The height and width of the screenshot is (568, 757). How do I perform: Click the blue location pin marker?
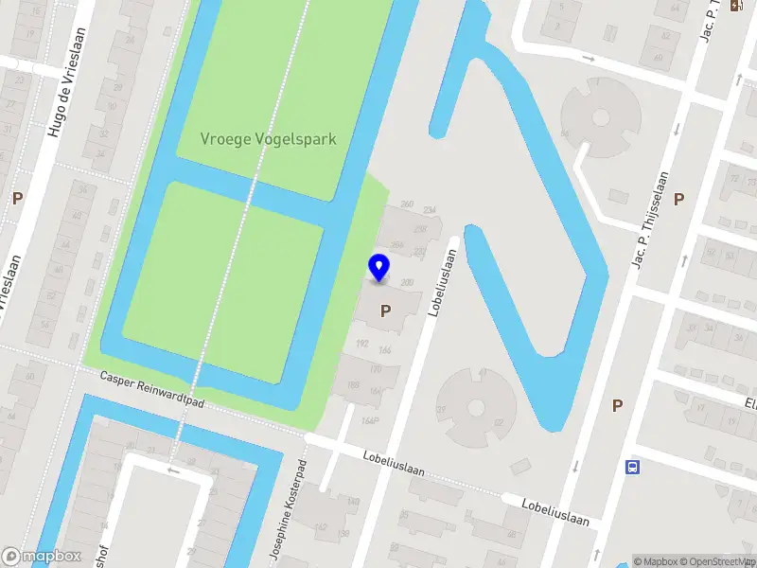378,268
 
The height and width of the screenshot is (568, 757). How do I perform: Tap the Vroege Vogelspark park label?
269,138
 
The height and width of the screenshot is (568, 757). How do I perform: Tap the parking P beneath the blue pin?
385,311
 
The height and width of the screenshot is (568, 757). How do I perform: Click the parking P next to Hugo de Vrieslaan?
17,199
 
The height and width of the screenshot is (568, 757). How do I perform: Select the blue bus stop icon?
633,467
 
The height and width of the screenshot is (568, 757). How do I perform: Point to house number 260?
408,204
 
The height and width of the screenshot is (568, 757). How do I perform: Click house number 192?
361,343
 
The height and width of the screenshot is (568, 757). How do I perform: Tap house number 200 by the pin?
408,283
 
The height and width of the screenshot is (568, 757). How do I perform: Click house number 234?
430,210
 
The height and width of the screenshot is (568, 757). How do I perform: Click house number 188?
353,384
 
